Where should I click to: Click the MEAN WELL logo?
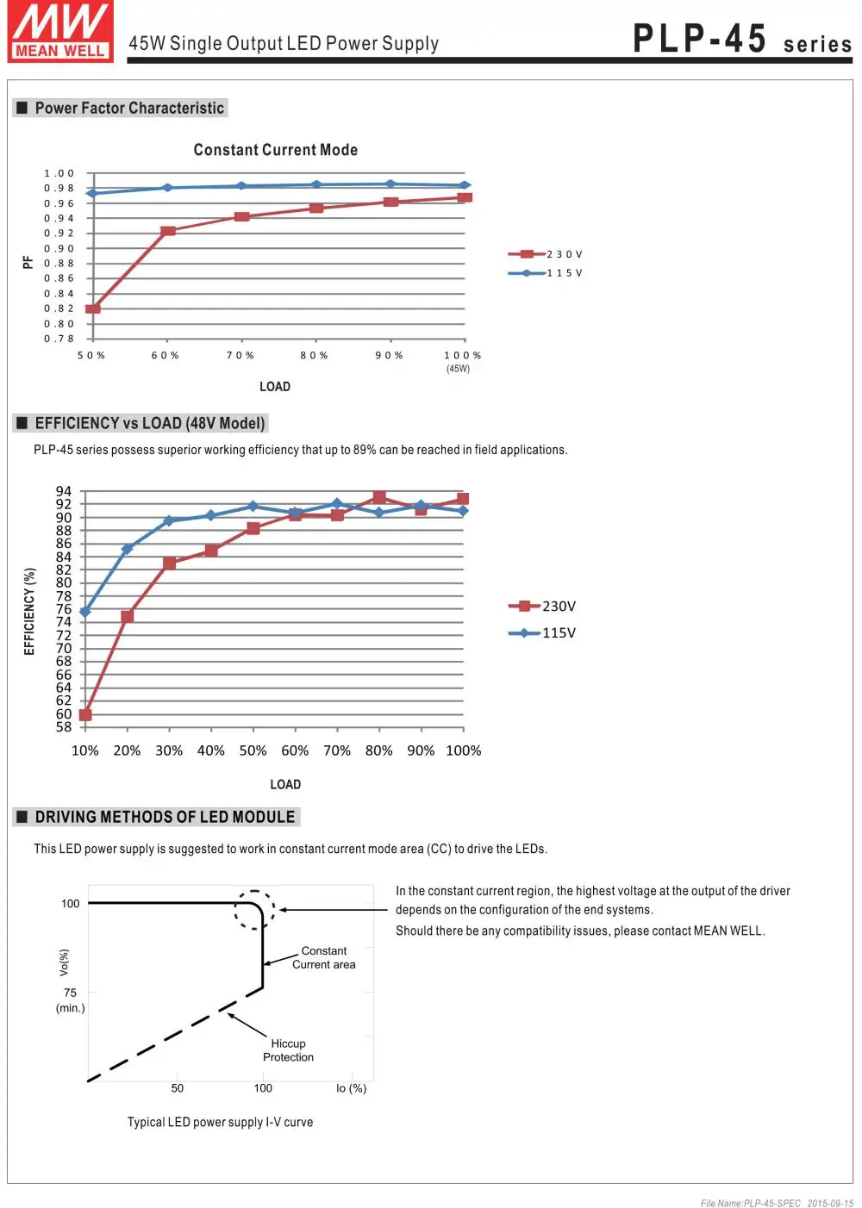tap(60, 31)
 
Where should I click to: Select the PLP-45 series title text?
tap(742, 39)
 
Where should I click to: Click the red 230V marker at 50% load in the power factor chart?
tap(93, 308)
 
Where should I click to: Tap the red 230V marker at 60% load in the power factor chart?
tap(168, 231)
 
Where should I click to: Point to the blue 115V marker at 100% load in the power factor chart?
tap(465, 185)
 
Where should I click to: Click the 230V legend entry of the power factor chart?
tap(546, 254)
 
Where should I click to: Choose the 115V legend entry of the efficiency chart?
tap(542, 632)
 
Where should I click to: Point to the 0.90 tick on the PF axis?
tap(59, 249)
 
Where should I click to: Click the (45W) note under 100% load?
tap(458, 369)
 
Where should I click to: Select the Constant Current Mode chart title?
tap(276, 149)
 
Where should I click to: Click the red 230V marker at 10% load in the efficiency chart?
tap(85, 714)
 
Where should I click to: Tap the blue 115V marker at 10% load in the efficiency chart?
tap(84, 612)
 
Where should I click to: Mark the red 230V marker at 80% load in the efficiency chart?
tap(379, 496)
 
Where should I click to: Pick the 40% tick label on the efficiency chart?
tap(211, 750)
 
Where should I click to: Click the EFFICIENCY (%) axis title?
tap(29, 611)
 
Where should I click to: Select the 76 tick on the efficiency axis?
tap(64, 609)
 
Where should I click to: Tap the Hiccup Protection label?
tap(288, 1050)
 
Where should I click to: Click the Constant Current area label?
tap(323, 957)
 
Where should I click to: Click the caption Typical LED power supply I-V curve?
tap(220, 1122)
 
